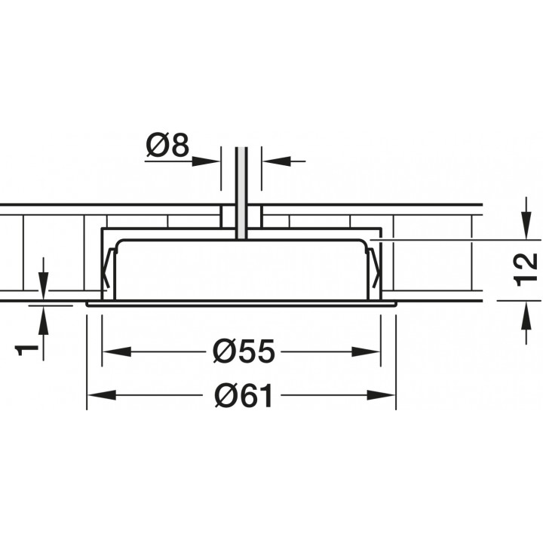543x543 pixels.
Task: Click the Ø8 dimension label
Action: [167, 146]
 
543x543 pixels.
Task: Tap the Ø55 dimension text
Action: [244, 352]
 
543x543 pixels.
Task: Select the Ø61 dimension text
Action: [244, 395]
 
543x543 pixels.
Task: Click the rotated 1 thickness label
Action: [26, 351]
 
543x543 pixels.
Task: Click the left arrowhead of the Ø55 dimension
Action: [117, 352]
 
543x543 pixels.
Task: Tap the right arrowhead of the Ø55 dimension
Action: [366, 352]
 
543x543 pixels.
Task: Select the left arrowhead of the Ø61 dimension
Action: [102, 395]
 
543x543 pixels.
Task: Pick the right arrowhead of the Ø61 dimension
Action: [382, 395]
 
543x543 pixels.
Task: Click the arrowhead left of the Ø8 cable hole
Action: [206, 161]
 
